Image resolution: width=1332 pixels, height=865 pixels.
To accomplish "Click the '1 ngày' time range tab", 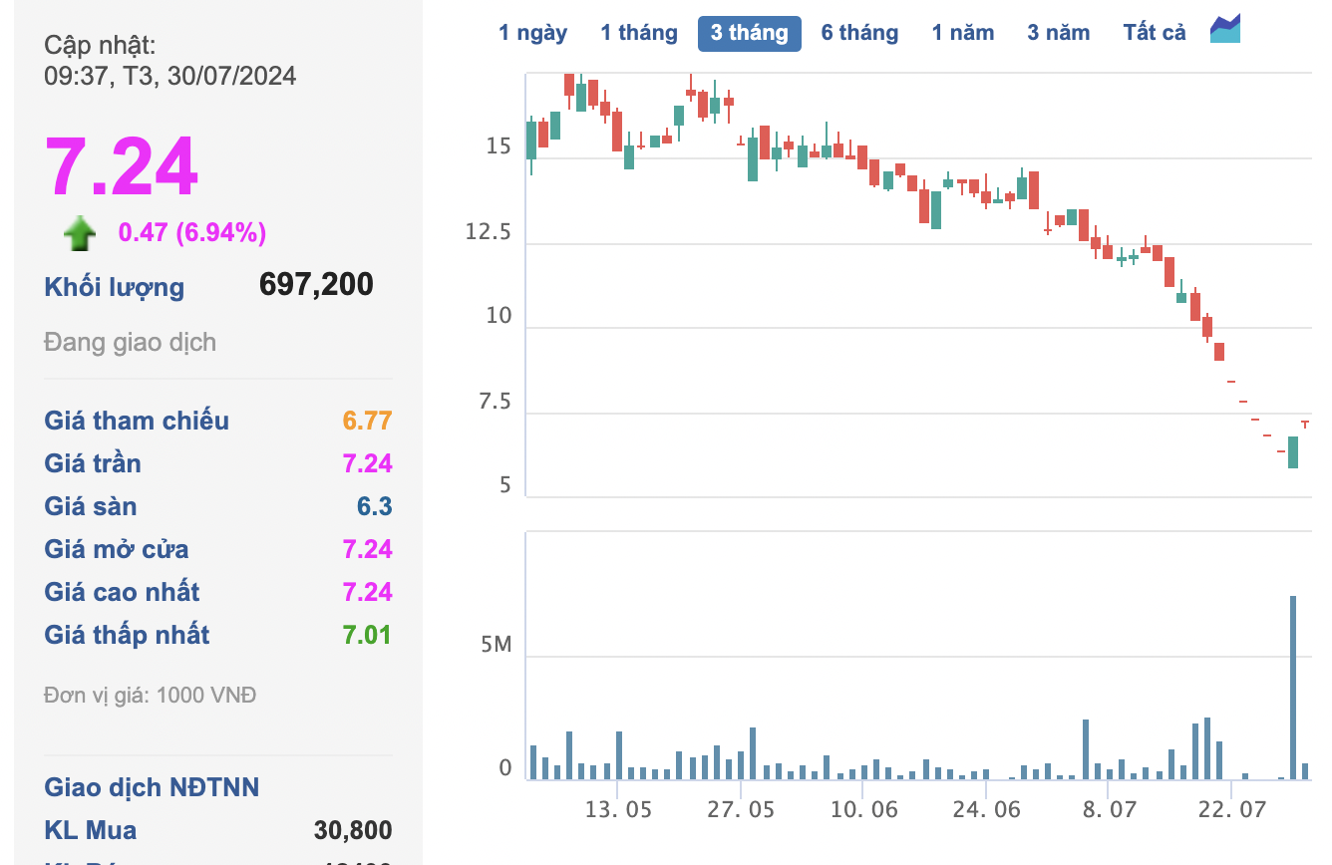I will [x=532, y=33].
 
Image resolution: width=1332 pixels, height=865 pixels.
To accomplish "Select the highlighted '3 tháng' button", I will [x=749, y=33].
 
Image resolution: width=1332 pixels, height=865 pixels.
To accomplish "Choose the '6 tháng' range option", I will [x=859, y=33].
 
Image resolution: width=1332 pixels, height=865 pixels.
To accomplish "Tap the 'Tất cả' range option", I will [x=1155, y=33].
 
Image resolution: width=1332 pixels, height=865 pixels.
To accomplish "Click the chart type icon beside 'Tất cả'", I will [x=1225, y=30].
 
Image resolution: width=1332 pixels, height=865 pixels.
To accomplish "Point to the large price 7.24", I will [x=122, y=167].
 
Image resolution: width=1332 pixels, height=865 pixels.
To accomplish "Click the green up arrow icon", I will [x=80, y=234].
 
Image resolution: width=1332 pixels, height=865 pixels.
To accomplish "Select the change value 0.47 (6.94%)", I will [x=192, y=233].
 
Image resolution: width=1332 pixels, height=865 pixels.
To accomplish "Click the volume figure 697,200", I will [x=316, y=285].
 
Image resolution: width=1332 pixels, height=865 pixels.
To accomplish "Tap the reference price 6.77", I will [x=367, y=421].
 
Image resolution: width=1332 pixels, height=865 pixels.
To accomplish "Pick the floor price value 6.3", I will [x=374, y=506].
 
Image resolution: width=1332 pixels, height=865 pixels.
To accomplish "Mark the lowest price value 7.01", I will [x=367, y=635].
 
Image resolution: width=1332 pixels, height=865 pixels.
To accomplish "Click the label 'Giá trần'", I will [x=93, y=463].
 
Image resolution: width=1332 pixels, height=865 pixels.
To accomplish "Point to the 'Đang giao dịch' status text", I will [x=130, y=343].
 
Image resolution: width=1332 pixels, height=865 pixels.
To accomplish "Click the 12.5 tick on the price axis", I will [x=489, y=232].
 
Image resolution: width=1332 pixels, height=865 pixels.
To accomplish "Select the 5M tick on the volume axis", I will [x=496, y=645].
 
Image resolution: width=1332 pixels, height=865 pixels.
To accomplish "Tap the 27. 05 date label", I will [x=741, y=809].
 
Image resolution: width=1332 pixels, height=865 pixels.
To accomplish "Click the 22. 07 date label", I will [x=1231, y=809].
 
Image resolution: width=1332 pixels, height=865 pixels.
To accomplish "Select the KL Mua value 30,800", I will [x=353, y=830].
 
